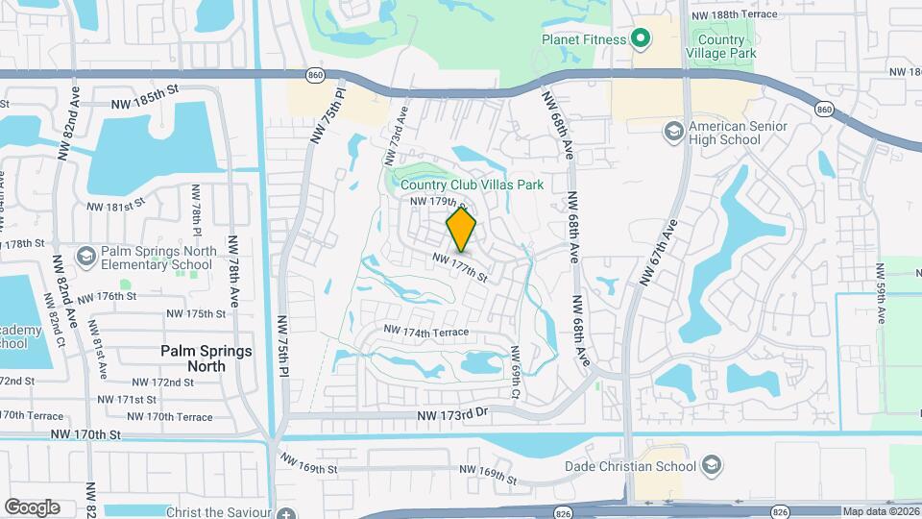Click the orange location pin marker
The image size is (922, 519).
(462, 230)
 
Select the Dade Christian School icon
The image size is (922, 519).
(711, 466)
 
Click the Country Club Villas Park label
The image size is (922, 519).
(472, 184)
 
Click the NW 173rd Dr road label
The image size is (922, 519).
(453, 414)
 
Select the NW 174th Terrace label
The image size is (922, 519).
(425, 332)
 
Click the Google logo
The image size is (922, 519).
(31, 507)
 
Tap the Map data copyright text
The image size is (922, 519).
(879, 511)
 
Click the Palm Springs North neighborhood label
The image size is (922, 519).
(206, 358)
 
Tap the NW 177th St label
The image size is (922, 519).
(460, 267)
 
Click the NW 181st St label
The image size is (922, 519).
(115, 206)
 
